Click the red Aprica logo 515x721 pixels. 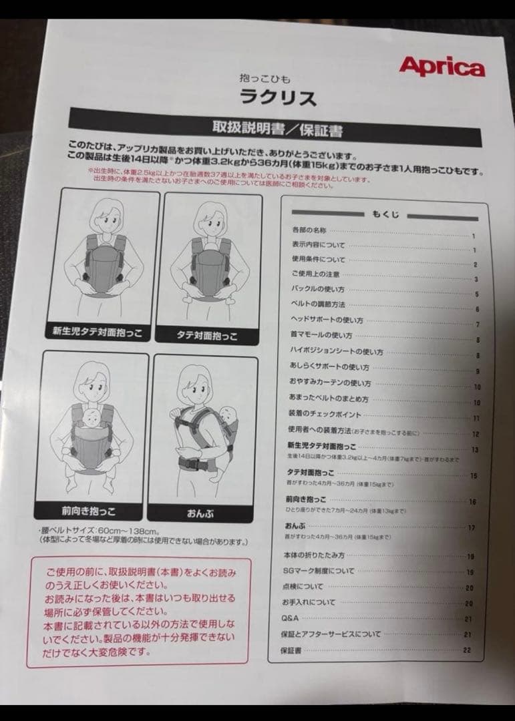coord(442,67)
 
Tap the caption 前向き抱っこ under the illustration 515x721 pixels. coord(88,511)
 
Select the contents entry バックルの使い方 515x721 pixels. coord(318,289)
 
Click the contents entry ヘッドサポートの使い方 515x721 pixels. coord(327,320)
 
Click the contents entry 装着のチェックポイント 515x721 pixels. coord(323,415)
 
